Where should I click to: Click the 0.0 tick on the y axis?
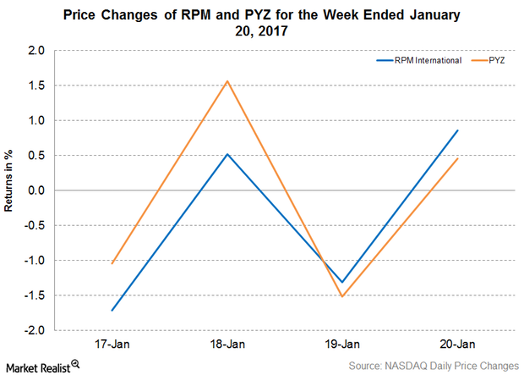click(37, 190)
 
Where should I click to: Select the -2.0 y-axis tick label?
click(35, 330)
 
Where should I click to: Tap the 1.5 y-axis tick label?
click(37, 85)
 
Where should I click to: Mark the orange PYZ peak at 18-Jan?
click(227, 81)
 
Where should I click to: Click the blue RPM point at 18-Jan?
click(227, 154)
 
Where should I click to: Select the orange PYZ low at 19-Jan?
click(342, 296)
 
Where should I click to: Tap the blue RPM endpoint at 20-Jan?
click(458, 130)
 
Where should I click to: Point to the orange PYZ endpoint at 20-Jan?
click(458, 158)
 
